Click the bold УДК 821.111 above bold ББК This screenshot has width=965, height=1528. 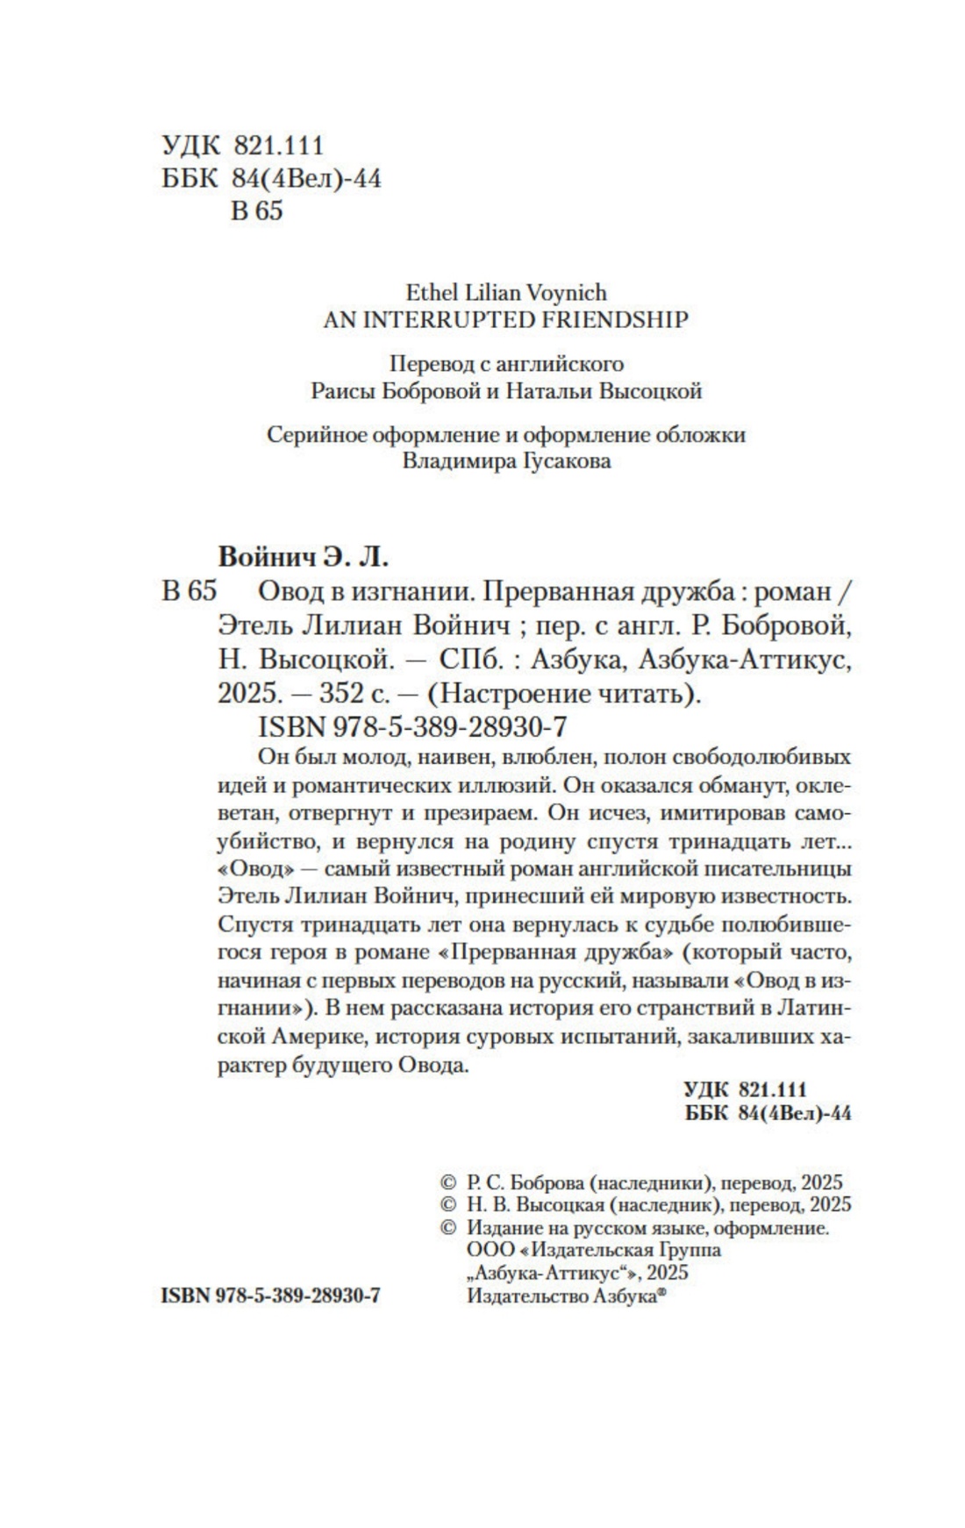point(745,1089)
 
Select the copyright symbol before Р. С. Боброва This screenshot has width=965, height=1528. point(447,1182)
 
